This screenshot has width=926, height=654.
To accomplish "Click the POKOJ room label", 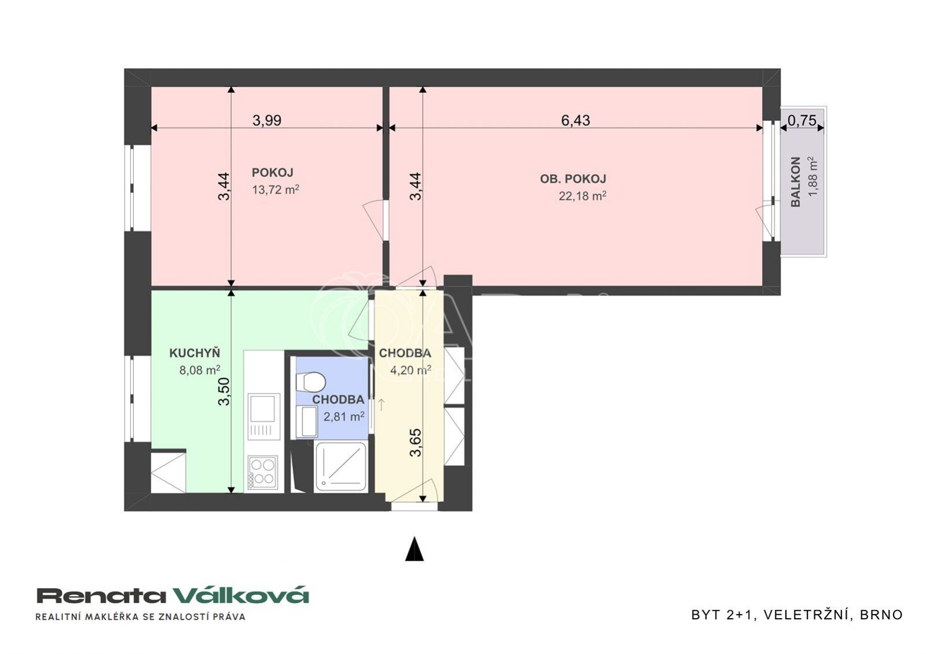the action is [x=272, y=172].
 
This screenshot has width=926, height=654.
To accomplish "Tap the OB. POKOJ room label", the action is [x=573, y=179].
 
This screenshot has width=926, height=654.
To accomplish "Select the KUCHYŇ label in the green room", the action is [x=195, y=353].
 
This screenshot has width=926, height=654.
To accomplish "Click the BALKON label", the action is [x=795, y=182].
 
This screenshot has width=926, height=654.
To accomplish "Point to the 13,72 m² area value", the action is [x=276, y=190].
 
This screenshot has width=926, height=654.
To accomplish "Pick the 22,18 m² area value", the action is [x=583, y=196].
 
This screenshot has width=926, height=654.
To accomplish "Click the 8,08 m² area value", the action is [x=200, y=370].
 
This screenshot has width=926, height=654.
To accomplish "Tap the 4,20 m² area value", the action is [x=411, y=370].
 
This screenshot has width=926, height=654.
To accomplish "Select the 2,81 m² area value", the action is [x=344, y=416].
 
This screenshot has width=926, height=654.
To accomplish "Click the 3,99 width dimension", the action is [x=267, y=120].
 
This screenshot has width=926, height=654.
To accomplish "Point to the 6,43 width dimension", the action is [x=576, y=120].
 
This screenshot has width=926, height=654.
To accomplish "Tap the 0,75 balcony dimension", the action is [x=802, y=120].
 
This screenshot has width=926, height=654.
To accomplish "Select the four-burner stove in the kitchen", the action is [x=263, y=472].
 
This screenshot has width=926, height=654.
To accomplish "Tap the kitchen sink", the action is [x=263, y=417].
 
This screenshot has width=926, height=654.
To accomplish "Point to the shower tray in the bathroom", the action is [x=340, y=466].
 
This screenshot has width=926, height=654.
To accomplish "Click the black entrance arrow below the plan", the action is [x=414, y=548].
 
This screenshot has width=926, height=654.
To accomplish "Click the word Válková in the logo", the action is [x=240, y=596].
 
